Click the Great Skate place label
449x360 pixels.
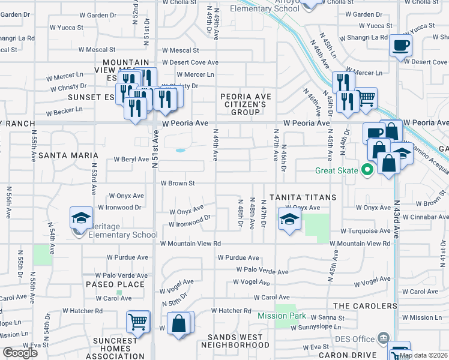(336, 170)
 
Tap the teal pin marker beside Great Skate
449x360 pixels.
(364, 170)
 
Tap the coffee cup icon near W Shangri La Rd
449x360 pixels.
(400, 44)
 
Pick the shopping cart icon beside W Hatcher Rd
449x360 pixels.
(138, 322)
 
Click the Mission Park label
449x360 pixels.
(282, 316)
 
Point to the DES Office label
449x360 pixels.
(354, 339)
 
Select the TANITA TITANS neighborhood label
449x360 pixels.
(294, 197)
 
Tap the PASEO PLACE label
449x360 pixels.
(115, 284)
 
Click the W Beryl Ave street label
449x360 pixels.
(131, 160)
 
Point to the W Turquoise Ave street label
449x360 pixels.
(366, 231)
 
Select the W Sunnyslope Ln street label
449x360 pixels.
(316, 328)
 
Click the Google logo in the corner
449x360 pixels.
(19, 353)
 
